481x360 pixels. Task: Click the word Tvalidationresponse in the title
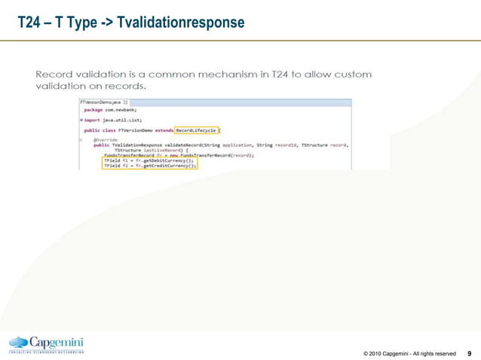[182, 23]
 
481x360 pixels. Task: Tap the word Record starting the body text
[54, 74]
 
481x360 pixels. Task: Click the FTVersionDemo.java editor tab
[97, 102]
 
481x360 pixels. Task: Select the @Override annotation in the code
[105, 140]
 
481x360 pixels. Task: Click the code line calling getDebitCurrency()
[149, 160]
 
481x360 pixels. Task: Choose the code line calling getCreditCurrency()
[150, 166]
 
